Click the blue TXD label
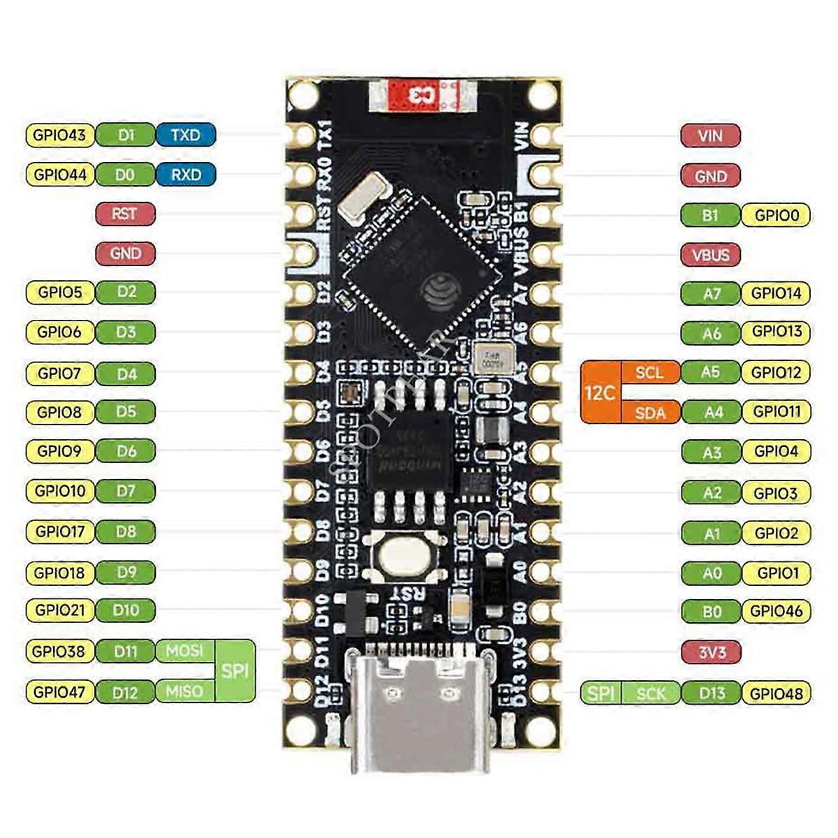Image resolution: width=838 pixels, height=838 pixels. (185, 135)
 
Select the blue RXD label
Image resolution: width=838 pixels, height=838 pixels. (185, 175)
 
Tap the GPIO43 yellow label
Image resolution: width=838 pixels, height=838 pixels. (60, 135)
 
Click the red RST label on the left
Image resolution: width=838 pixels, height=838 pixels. (125, 214)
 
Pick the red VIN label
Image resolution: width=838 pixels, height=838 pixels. (710, 135)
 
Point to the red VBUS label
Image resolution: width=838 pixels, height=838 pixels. (710, 255)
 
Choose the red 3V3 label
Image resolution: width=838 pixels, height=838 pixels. (711, 652)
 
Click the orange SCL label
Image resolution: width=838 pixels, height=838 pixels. (649, 372)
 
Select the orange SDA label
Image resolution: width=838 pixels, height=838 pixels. (649, 413)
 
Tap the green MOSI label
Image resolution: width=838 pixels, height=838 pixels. (184, 651)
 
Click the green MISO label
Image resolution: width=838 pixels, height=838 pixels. (184, 691)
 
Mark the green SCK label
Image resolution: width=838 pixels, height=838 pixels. (650, 693)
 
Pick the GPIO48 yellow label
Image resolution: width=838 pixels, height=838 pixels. (776, 693)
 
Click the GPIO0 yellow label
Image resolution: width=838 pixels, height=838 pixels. (776, 215)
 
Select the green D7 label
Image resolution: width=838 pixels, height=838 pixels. (126, 491)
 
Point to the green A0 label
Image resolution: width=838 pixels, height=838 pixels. (711, 573)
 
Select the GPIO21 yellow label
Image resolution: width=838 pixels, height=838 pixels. (60, 610)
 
